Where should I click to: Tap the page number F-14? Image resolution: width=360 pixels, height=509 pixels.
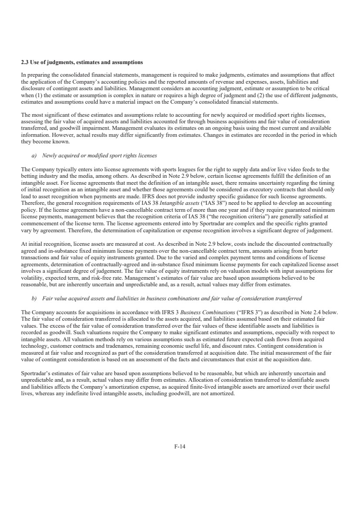click(x=180, y=446)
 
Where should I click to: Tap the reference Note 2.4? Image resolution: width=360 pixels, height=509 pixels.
click(x=310, y=312)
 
